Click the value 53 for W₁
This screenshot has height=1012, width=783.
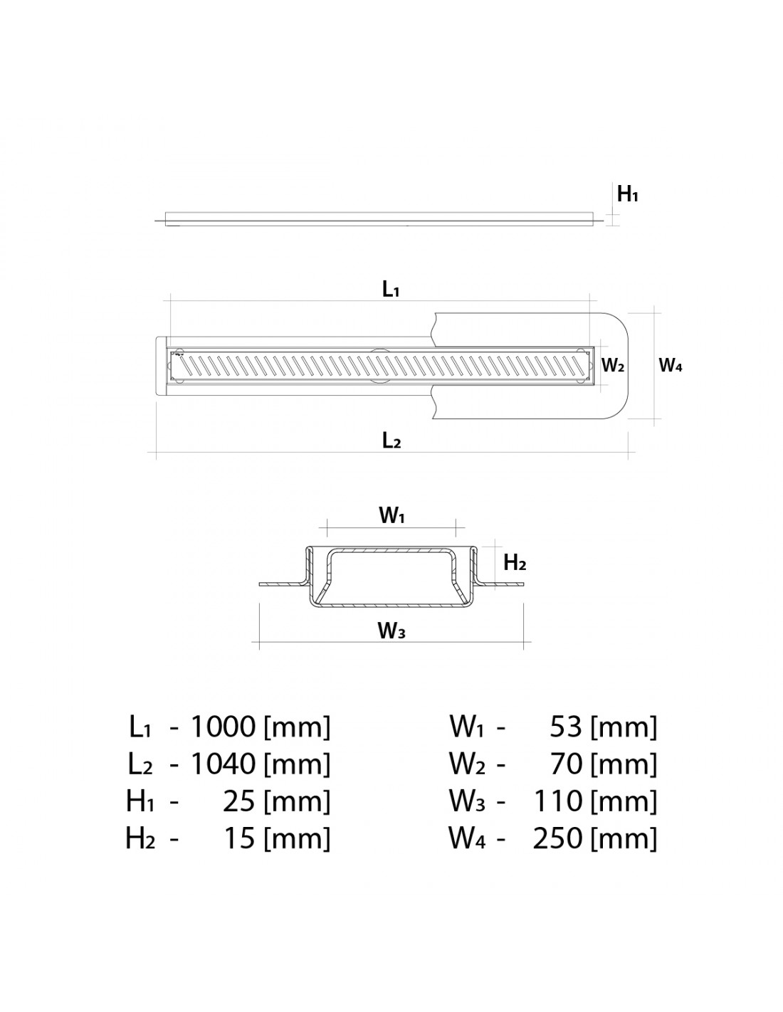coord(566,726)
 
